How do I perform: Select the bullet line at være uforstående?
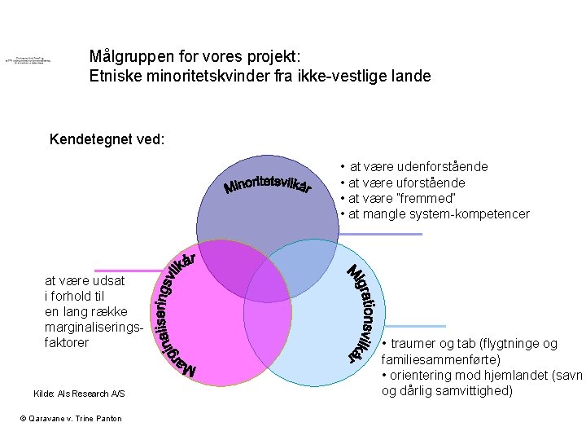point(407,183)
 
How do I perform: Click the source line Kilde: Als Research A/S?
point(79,394)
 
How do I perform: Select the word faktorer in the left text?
point(67,343)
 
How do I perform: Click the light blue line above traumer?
point(412,326)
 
